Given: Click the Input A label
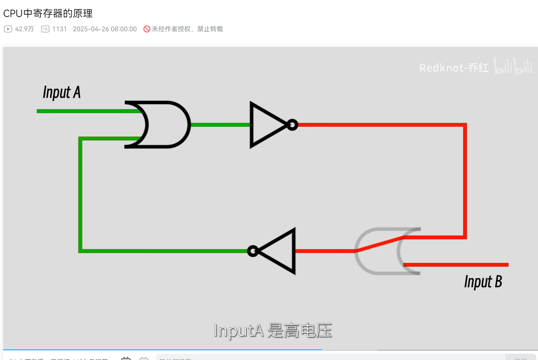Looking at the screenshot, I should click(62, 92).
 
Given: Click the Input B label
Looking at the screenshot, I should click(483, 282).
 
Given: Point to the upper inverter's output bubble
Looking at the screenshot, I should click(292, 125).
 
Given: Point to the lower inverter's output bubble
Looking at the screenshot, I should click(253, 251).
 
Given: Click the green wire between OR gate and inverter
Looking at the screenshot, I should click(220, 125).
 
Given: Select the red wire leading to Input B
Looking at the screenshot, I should click(456, 265).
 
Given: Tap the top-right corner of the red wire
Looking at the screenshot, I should click(465, 125).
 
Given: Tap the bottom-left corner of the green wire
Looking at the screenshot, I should click(80, 250).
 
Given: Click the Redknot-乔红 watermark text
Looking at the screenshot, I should click(453, 68).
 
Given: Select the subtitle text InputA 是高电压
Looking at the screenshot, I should click(272, 330).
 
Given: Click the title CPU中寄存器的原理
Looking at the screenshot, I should click(48, 13).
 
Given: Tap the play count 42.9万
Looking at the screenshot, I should click(24, 29).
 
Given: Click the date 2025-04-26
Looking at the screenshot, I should click(91, 29).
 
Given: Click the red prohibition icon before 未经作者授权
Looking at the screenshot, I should click(147, 29).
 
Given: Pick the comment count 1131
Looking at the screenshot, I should click(59, 29).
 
